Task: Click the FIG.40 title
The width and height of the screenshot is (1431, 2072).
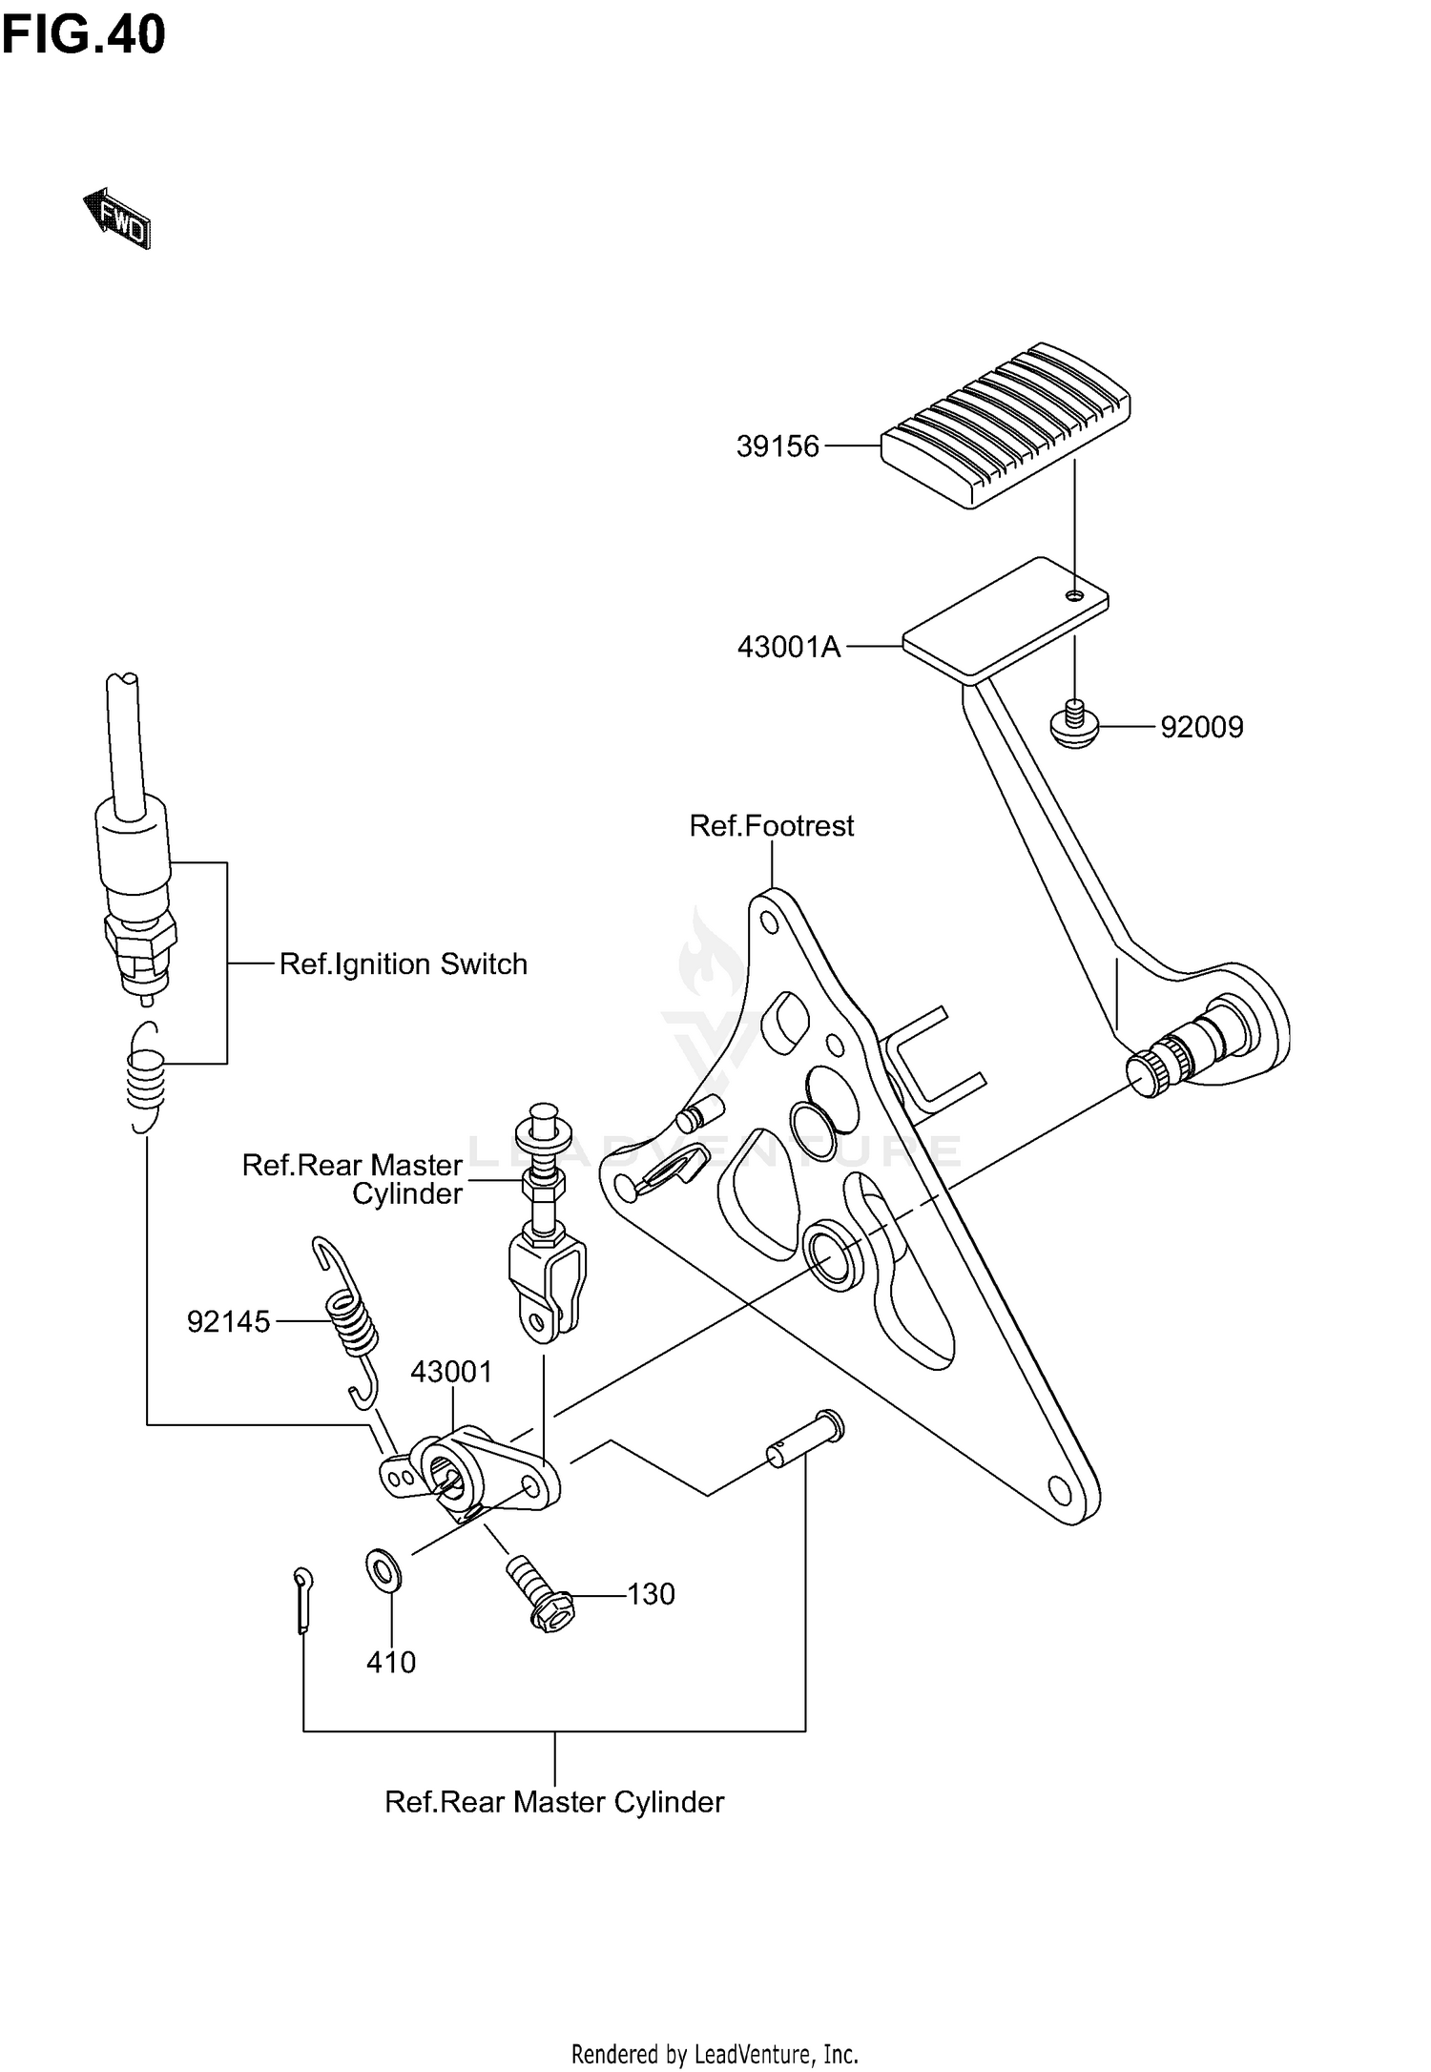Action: click(83, 35)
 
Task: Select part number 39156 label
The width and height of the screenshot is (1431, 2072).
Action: click(778, 446)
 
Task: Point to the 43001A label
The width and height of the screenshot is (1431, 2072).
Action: click(789, 648)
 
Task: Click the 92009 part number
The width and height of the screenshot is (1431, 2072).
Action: click(1201, 728)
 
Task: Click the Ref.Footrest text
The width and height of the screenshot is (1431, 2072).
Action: click(771, 825)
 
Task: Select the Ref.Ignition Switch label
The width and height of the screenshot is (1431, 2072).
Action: click(403, 964)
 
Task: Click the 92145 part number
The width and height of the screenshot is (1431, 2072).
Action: click(229, 1322)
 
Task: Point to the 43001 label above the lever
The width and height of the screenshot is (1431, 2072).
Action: click(451, 1372)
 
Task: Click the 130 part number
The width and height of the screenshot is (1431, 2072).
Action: click(651, 1594)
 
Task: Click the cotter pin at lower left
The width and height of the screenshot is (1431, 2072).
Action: click(304, 1602)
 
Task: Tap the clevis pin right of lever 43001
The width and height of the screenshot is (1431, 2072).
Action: click(806, 1441)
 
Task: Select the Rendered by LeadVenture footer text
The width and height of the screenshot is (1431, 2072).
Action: click(715, 2053)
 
